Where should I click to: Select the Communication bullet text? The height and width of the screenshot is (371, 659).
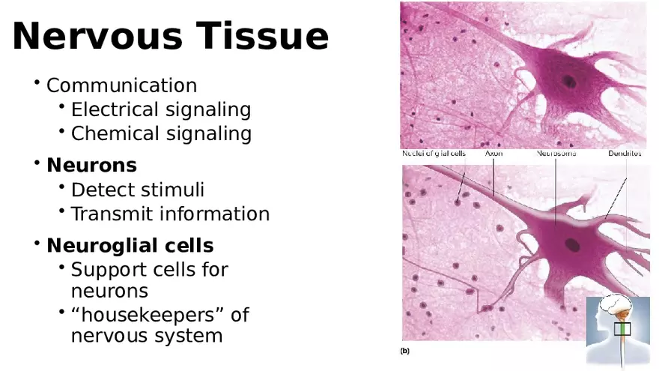(x=121, y=85)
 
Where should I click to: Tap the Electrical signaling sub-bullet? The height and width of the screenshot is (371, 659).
(x=160, y=110)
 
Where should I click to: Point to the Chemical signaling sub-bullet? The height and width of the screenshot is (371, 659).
(x=160, y=134)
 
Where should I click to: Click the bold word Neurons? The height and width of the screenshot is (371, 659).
(x=91, y=165)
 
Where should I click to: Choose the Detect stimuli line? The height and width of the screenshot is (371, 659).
(x=137, y=190)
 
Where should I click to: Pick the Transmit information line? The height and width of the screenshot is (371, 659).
(x=170, y=214)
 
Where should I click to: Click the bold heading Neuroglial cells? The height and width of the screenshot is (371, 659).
(x=130, y=246)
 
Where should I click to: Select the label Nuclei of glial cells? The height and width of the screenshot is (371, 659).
(x=434, y=154)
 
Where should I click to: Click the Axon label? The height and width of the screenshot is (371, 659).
(x=494, y=154)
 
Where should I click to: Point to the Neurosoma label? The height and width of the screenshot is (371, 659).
(x=556, y=154)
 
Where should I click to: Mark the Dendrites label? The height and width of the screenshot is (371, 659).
(x=624, y=154)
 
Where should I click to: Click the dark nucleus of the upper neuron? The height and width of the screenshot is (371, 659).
(x=570, y=82)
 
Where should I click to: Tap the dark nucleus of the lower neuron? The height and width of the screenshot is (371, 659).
(x=573, y=244)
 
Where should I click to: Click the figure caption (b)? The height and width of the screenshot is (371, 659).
(x=405, y=350)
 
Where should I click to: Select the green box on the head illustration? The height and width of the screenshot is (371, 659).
(x=623, y=329)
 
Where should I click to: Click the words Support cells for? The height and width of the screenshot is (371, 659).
(x=149, y=270)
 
